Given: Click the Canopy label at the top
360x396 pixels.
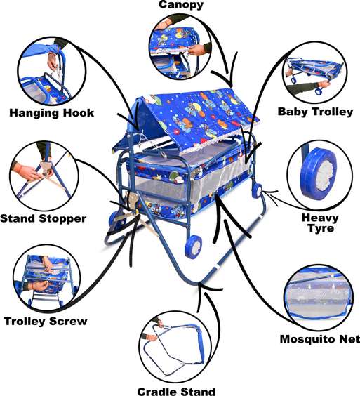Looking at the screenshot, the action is coord(181,4).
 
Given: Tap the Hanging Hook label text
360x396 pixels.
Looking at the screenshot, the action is coord(52,112).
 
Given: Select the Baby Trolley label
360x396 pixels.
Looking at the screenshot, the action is coord(315,112).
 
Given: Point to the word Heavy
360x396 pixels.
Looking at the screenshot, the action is coord(320,218).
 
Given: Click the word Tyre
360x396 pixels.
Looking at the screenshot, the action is coord(321,228).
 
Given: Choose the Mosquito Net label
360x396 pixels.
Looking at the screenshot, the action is coord(320,339).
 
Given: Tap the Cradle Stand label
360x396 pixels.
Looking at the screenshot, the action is coord(176,392).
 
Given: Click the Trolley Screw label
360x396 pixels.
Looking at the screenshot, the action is coord(46,322).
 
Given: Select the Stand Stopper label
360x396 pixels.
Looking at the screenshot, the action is coord(44,218).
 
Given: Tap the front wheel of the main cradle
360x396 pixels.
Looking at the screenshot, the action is coord(194,246).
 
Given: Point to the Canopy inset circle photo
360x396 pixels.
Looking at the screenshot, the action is coord(180,46).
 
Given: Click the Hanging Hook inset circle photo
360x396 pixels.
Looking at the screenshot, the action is coord(52,72).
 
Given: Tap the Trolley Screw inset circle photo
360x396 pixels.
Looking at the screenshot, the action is coord(47,279).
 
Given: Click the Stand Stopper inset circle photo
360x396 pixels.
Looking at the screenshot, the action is coord(43,176).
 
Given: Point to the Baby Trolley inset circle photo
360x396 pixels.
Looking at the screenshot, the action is coord(315,75).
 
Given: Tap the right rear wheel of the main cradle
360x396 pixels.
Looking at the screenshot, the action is coord(257,191).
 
